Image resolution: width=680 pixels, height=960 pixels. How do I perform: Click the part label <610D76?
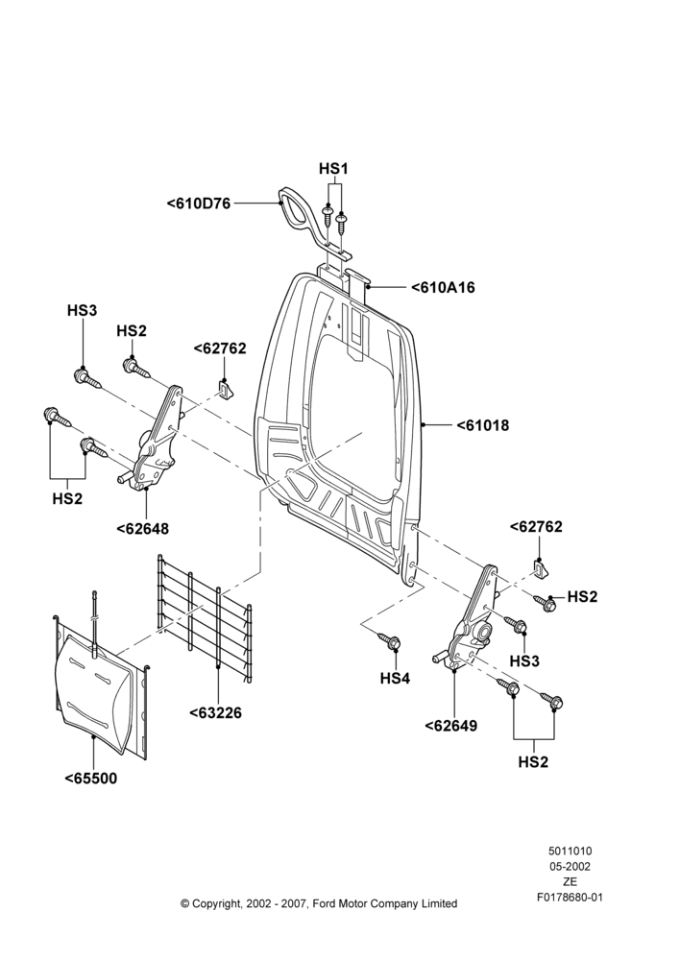[x=199, y=204]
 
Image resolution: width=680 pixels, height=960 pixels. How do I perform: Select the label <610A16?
[x=443, y=287]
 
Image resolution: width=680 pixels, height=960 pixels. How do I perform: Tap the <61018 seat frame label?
[x=483, y=425]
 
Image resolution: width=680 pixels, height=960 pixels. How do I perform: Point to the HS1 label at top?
[x=333, y=168]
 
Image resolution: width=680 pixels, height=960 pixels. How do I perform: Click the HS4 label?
[x=395, y=679]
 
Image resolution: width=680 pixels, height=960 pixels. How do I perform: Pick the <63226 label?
[x=215, y=712]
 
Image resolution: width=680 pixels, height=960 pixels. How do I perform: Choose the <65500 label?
[x=90, y=779]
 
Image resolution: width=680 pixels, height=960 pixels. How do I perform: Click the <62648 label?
[x=143, y=528]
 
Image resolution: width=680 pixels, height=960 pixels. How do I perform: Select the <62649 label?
[x=450, y=726]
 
